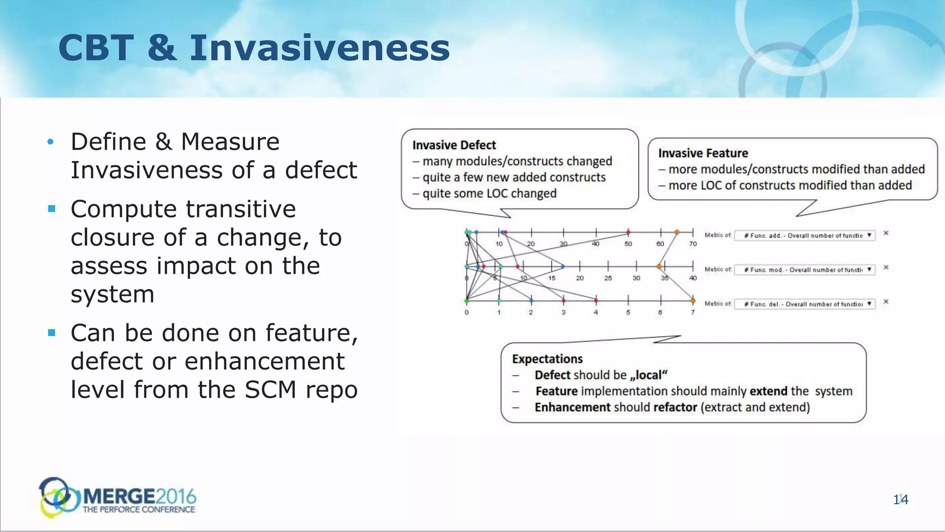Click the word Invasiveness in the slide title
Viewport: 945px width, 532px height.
319,48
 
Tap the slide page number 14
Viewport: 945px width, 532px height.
900,499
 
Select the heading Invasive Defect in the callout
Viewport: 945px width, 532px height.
454,145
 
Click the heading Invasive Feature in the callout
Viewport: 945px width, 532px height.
703,153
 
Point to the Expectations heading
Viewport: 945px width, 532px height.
547,359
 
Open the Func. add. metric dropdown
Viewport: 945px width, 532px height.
805,236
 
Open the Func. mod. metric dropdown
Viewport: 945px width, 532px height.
805,270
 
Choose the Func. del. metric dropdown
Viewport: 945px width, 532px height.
805,304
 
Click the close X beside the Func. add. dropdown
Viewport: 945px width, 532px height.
886,233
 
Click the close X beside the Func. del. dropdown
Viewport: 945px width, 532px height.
886,302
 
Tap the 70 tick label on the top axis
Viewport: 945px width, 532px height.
693,244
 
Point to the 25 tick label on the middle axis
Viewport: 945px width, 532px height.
608,278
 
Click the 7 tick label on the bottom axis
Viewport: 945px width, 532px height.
693,313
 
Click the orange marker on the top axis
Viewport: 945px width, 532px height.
676,232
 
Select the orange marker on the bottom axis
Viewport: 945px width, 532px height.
693,301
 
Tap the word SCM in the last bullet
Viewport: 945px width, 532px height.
270,389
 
